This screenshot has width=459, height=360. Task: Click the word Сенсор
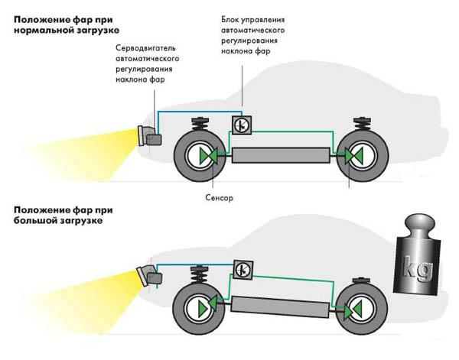point(218,196)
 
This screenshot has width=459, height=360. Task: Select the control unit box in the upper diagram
point(239,125)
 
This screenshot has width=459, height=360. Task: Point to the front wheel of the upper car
point(198,156)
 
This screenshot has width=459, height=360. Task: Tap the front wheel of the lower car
point(197,304)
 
